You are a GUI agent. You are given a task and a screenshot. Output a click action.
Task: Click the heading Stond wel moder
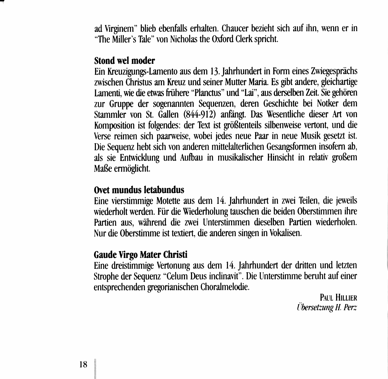(x=124, y=60)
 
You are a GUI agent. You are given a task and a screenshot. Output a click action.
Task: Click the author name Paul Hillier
(x=338, y=298)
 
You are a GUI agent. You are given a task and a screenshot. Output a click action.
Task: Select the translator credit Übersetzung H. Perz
(x=327, y=308)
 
